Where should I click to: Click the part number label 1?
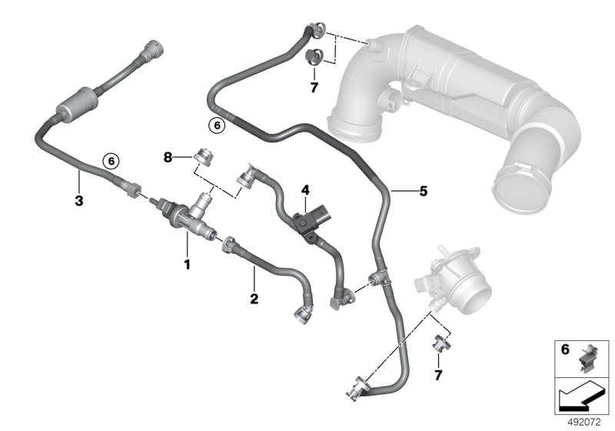point(187,264)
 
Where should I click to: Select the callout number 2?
point(254,299)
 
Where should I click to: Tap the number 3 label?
point(79,201)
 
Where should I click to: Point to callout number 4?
point(305,190)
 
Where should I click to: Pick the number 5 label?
point(424,191)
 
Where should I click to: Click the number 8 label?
point(168,158)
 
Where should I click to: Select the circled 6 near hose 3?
point(111,161)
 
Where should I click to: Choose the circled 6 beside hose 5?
point(217,125)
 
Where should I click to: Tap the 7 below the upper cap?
point(314,88)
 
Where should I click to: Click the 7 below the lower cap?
point(438,375)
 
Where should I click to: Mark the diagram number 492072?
point(584,423)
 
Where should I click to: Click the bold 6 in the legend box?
point(565,349)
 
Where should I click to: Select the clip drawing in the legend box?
point(587,358)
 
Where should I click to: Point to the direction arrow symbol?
point(583,396)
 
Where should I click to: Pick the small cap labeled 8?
point(204,157)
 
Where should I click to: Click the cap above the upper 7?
point(314,58)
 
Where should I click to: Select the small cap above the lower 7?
point(440,342)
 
